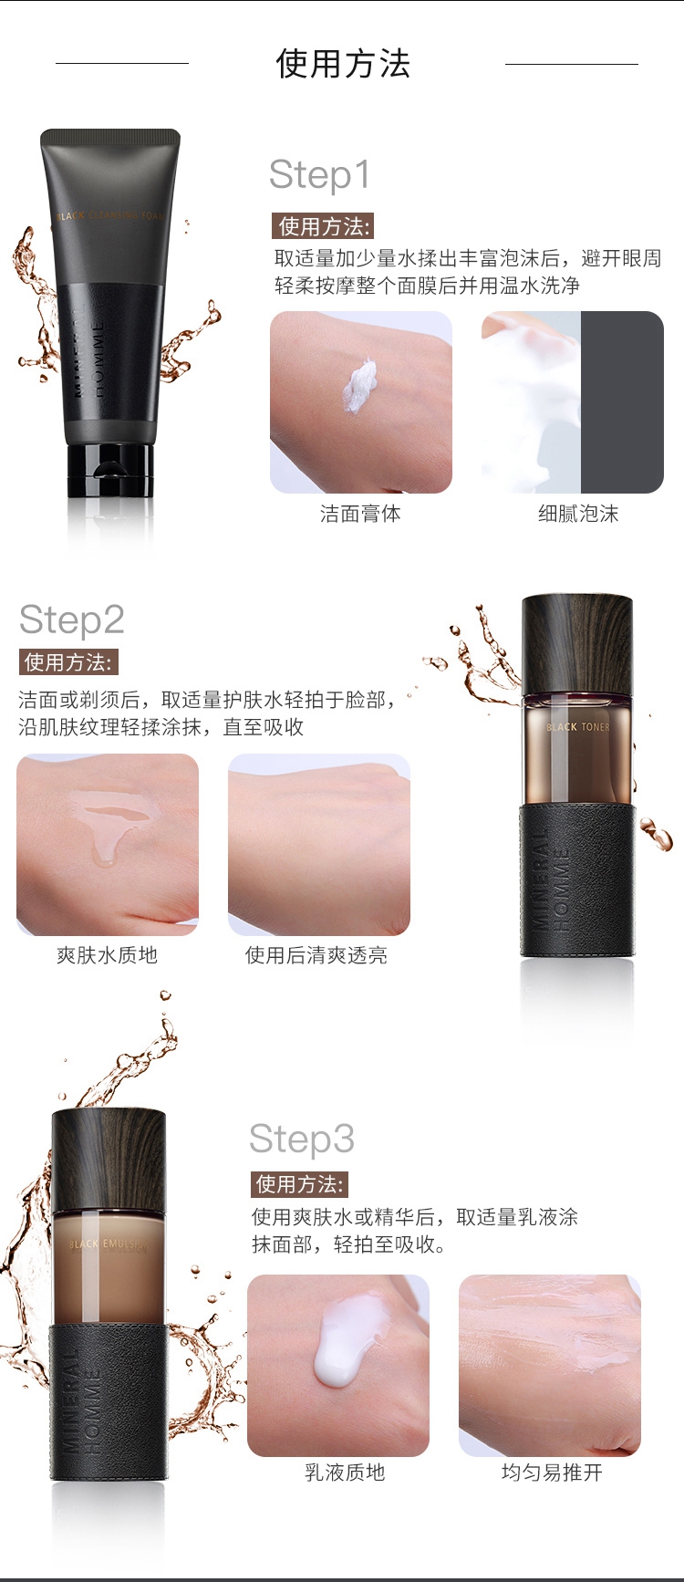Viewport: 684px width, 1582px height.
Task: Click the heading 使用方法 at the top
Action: (x=343, y=64)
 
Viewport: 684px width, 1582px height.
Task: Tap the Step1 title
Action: (x=320, y=174)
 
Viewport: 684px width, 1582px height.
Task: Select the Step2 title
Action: (x=71, y=620)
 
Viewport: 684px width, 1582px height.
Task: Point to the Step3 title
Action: (x=302, y=1139)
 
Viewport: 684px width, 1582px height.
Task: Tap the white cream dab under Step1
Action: (x=360, y=384)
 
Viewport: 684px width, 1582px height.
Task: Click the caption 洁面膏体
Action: (x=360, y=514)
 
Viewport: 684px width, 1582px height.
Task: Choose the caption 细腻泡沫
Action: (x=578, y=514)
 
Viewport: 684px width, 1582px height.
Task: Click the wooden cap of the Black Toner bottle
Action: (x=577, y=643)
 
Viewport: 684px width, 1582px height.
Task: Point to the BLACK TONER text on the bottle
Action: (x=578, y=727)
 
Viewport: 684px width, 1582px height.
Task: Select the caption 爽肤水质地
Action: (x=107, y=955)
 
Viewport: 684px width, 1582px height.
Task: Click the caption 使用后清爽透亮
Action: (x=316, y=955)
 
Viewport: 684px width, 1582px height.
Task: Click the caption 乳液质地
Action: (x=345, y=1473)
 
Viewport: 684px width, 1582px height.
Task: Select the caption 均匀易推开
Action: (x=552, y=1473)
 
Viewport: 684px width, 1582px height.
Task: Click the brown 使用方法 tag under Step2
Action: (x=68, y=662)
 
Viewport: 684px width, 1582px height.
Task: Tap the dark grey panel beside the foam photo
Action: (x=622, y=402)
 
